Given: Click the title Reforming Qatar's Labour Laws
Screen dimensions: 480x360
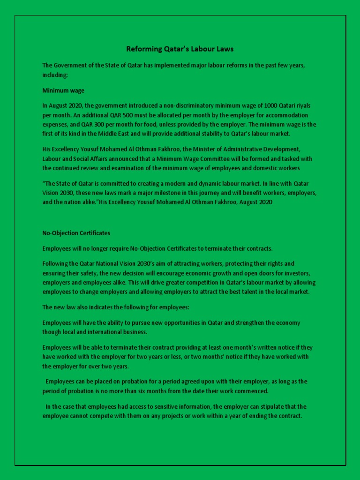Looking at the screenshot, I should click(180, 49).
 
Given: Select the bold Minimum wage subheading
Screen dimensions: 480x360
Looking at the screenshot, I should click(63, 90).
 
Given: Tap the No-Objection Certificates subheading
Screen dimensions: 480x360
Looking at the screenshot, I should click(76, 233).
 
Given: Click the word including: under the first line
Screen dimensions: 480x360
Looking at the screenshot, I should click(55, 74).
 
